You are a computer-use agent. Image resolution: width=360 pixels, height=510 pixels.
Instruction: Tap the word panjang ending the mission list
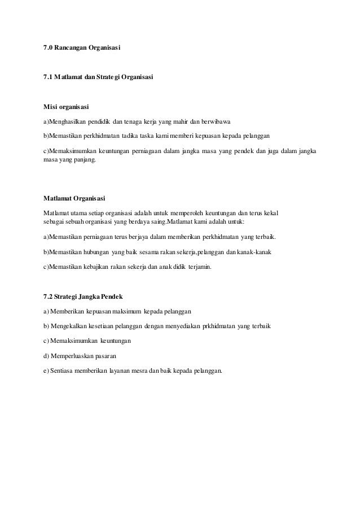tap(84, 160)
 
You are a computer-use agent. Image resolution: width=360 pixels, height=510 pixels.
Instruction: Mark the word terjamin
tap(200, 266)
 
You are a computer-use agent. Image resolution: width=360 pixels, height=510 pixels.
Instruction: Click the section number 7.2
tap(49, 296)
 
